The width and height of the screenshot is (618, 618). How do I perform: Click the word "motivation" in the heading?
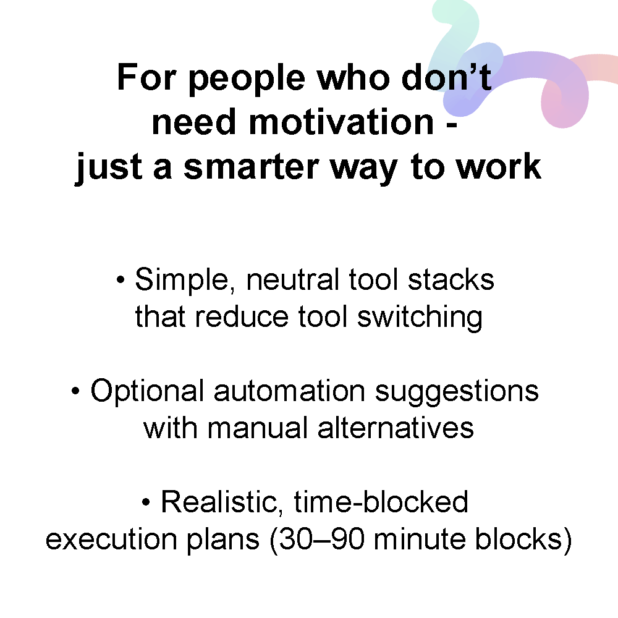click(341, 122)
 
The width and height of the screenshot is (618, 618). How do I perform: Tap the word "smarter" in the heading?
click(251, 167)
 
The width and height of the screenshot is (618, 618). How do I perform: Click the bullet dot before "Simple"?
click(121, 280)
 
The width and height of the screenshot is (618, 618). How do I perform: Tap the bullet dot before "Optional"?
click(75, 391)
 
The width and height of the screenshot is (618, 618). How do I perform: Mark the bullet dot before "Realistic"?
click(146, 502)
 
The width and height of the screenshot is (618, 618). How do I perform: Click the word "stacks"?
click(451, 279)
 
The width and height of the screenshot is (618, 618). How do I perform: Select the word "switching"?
click(420, 317)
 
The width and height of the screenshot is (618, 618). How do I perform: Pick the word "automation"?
click(289, 391)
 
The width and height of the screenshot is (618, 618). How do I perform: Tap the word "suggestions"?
click(457, 392)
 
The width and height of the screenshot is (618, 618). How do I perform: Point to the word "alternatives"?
click(396, 428)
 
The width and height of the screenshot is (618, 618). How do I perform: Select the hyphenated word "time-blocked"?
click(381, 502)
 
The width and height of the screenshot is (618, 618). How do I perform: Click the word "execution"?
click(111, 539)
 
